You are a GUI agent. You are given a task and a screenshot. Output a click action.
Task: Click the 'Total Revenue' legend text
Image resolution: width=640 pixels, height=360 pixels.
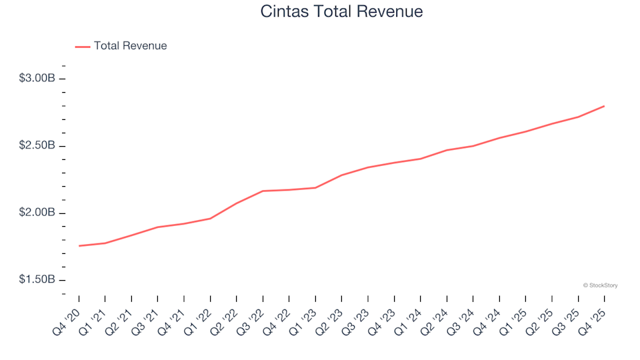(130, 46)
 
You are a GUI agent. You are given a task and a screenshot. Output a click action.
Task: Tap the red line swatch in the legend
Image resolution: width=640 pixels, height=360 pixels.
(83, 47)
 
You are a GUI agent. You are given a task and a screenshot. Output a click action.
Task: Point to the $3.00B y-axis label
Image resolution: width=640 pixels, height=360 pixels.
(37, 79)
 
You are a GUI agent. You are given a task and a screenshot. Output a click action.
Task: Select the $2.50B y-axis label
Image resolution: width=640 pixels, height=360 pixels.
(37, 146)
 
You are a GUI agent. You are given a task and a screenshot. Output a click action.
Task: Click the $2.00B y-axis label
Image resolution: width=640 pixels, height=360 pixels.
(37, 213)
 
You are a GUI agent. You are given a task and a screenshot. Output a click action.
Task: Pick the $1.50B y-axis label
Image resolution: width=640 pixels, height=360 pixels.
(37, 280)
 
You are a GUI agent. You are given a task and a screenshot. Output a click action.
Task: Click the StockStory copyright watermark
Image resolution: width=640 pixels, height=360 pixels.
(600, 285)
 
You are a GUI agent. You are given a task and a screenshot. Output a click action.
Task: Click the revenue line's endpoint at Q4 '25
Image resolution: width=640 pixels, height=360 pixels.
(604, 106)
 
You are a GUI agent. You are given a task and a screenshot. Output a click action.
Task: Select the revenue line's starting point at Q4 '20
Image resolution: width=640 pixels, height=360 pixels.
(79, 246)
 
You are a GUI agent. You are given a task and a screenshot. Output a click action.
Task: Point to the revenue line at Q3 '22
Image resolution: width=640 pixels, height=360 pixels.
(263, 191)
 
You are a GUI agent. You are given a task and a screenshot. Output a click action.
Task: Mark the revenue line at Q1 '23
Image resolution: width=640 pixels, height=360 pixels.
(315, 188)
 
